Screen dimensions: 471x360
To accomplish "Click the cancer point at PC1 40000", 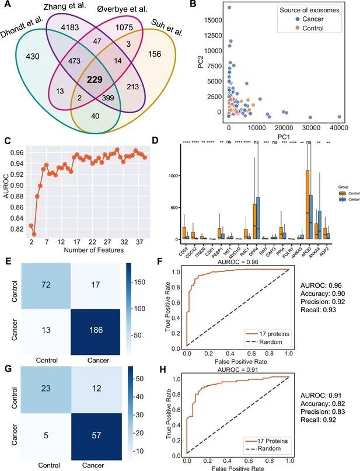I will pyautogui.click(x=339, y=116).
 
